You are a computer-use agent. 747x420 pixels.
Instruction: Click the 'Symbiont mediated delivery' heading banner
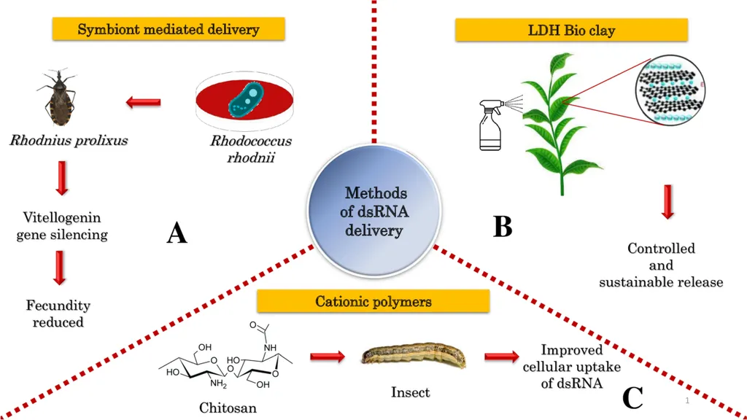tap(169, 30)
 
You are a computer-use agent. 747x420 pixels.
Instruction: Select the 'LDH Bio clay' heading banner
tap(571, 31)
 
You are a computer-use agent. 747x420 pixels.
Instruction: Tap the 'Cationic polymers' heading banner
tap(373, 301)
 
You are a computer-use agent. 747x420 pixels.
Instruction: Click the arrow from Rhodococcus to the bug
tap(144, 102)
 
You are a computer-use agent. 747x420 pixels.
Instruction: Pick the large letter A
tap(177, 233)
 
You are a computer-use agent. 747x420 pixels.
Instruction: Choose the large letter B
tap(503, 227)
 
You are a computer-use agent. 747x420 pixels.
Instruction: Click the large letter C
tap(632, 398)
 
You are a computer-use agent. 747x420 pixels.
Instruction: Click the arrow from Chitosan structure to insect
tap(327, 357)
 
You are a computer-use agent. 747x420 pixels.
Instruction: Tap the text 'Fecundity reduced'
tap(58, 314)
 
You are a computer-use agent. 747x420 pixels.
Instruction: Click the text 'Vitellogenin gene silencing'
tap(62, 226)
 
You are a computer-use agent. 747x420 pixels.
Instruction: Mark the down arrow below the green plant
tap(667, 202)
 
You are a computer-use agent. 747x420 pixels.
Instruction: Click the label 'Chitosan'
tap(228, 408)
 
